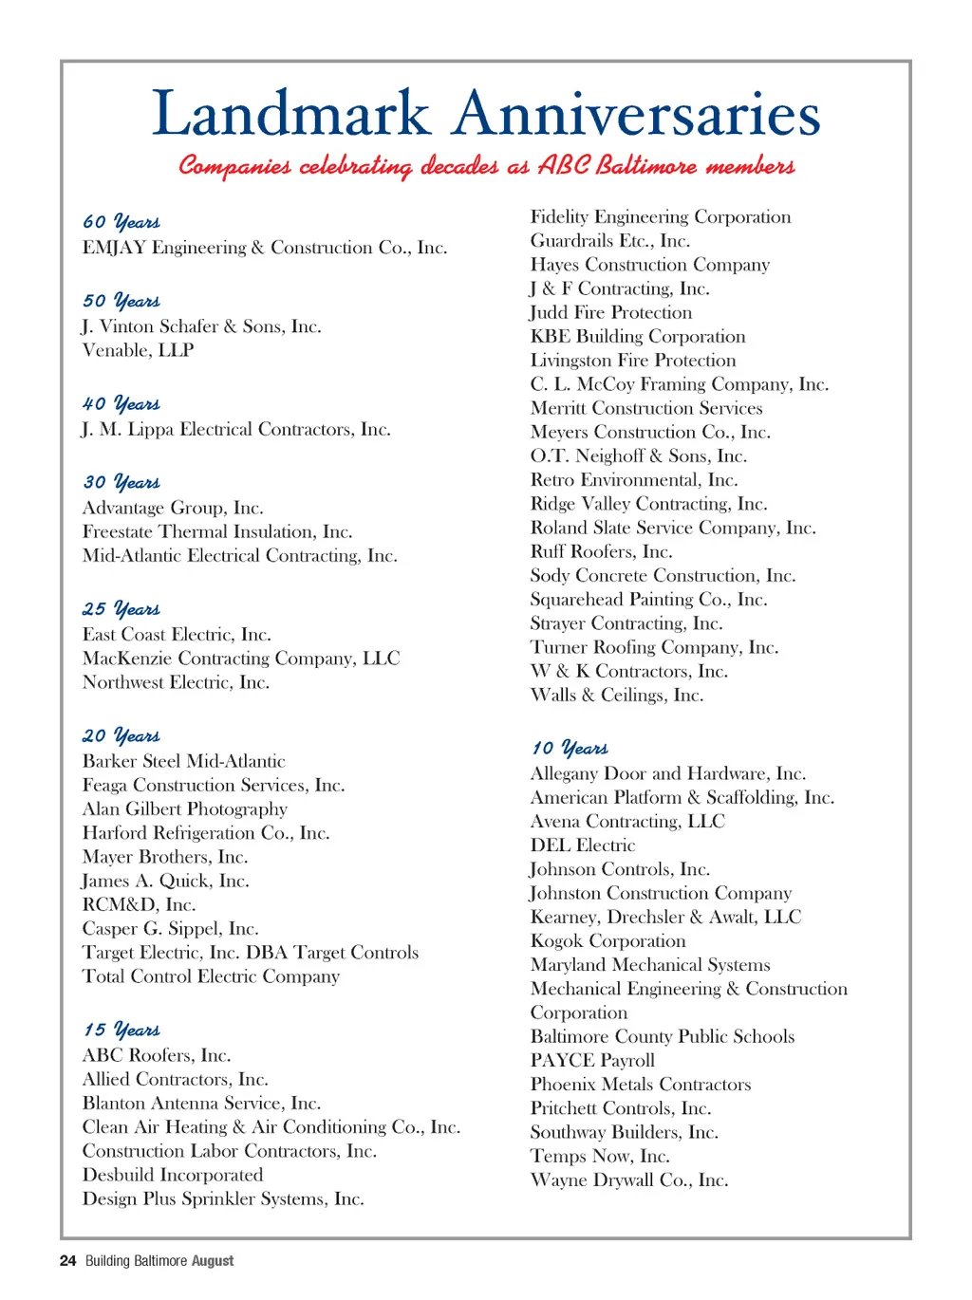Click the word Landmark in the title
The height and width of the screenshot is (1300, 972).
click(x=291, y=114)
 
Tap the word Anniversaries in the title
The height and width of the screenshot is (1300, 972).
click(x=636, y=114)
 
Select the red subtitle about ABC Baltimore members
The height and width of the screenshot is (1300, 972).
click(x=486, y=166)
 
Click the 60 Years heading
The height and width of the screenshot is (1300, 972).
click(x=121, y=222)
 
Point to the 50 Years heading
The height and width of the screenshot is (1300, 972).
click(x=121, y=301)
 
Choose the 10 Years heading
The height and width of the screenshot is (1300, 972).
click(x=570, y=748)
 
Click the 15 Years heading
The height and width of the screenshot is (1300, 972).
click(x=121, y=1030)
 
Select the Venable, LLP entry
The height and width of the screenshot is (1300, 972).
click(x=138, y=350)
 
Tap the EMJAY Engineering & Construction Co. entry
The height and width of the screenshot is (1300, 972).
click(x=264, y=248)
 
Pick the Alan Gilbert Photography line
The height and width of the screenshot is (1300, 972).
click(x=184, y=808)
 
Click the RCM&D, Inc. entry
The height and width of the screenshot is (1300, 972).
click(x=139, y=904)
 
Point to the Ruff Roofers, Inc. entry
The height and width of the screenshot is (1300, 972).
click(x=601, y=551)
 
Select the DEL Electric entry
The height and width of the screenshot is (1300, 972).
click(x=582, y=845)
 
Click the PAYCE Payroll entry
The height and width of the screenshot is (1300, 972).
click(x=592, y=1060)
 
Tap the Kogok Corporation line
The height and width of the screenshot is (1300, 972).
click(x=607, y=940)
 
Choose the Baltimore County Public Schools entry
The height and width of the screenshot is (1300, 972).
click(x=662, y=1036)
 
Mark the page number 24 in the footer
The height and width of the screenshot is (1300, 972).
click(x=67, y=1261)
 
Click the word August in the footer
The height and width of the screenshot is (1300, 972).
click(x=213, y=1261)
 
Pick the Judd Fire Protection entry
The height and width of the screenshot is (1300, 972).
click(x=610, y=312)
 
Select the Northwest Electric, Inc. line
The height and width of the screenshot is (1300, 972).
click(x=176, y=682)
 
